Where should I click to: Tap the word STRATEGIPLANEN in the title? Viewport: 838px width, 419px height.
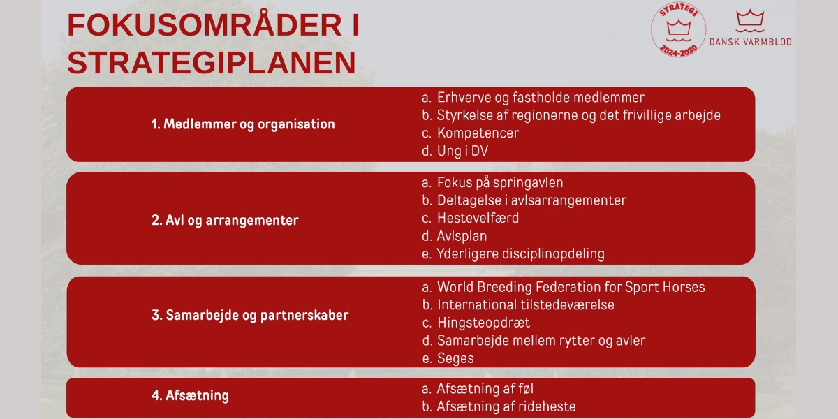pyautogui.click(x=212, y=62)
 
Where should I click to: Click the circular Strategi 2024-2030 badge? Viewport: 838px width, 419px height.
pyautogui.click(x=678, y=30)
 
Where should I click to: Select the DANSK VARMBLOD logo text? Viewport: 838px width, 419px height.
pyautogui.click(x=751, y=41)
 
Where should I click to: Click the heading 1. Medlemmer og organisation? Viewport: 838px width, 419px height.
pyautogui.click(x=243, y=124)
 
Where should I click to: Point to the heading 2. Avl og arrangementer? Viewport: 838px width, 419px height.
pyautogui.click(x=225, y=221)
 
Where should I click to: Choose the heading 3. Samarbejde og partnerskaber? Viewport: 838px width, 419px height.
pyautogui.click(x=250, y=316)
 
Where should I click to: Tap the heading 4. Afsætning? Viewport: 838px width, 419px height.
pyautogui.click(x=190, y=395)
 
